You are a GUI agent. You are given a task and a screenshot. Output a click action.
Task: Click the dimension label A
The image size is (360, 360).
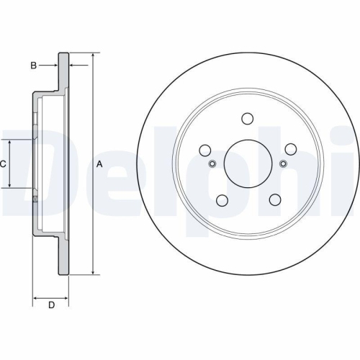pyautogui.click(x=100, y=164)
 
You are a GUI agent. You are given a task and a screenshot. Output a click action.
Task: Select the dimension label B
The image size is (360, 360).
pyautogui.click(x=33, y=66)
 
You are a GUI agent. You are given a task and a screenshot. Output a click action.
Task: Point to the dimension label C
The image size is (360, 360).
pyautogui.click(x=3, y=164)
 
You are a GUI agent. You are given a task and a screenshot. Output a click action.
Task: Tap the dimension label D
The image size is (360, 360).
pyautogui.click(x=51, y=305)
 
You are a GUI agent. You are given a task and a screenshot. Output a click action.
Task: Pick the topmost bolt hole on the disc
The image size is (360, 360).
pyautogui.click(x=248, y=118)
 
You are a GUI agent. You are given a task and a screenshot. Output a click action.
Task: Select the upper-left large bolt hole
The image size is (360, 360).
pyautogui.click(x=205, y=150)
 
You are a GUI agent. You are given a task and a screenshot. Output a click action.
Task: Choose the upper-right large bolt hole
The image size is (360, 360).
pyautogui.click(x=290, y=149)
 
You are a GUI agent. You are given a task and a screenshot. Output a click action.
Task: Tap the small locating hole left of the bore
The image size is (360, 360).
pyautogui.click(x=212, y=163)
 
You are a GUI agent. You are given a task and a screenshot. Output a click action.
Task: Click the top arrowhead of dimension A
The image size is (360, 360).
pyautogui.click(x=93, y=55)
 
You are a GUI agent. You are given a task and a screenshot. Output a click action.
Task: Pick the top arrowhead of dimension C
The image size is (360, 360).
pyautogui.click(x=10, y=142)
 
